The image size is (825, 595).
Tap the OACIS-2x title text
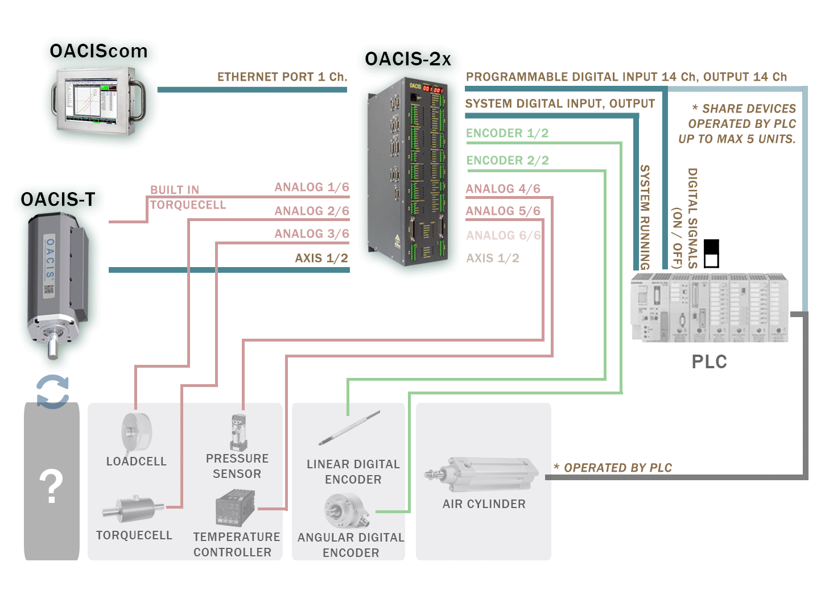[x=407, y=59]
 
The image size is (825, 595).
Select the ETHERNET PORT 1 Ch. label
[x=282, y=77]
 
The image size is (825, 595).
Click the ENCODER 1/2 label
[x=507, y=133]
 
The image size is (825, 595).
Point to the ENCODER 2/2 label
[x=507, y=160]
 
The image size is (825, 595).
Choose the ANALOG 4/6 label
[x=503, y=189]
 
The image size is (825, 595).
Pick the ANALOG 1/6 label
[x=312, y=187]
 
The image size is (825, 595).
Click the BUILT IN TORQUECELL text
[x=188, y=197]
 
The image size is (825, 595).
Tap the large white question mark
[x=51, y=486]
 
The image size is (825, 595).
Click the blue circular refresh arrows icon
[x=52, y=391]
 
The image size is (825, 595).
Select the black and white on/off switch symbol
[x=711, y=253]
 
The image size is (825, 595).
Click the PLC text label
[x=709, y=362]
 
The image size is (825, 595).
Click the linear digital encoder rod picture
[x=349, y=428]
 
